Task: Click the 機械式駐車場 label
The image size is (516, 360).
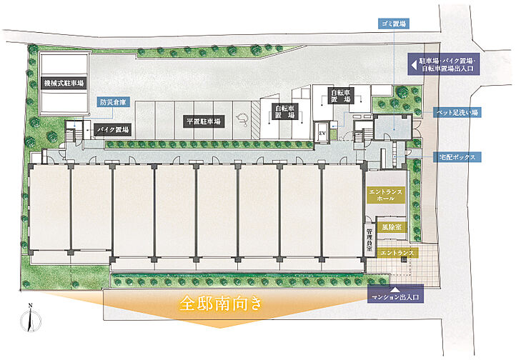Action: coord(63,84)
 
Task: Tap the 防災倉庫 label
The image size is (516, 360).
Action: coord(113,103)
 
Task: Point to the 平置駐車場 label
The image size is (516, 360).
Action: coord(203,121)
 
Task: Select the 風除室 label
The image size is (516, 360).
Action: coord(390,226)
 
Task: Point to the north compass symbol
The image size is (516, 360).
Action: coord(31,319)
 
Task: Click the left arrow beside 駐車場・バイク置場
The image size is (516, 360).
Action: coord(413,64)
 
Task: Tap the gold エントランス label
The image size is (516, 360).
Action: coord(395,253)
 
